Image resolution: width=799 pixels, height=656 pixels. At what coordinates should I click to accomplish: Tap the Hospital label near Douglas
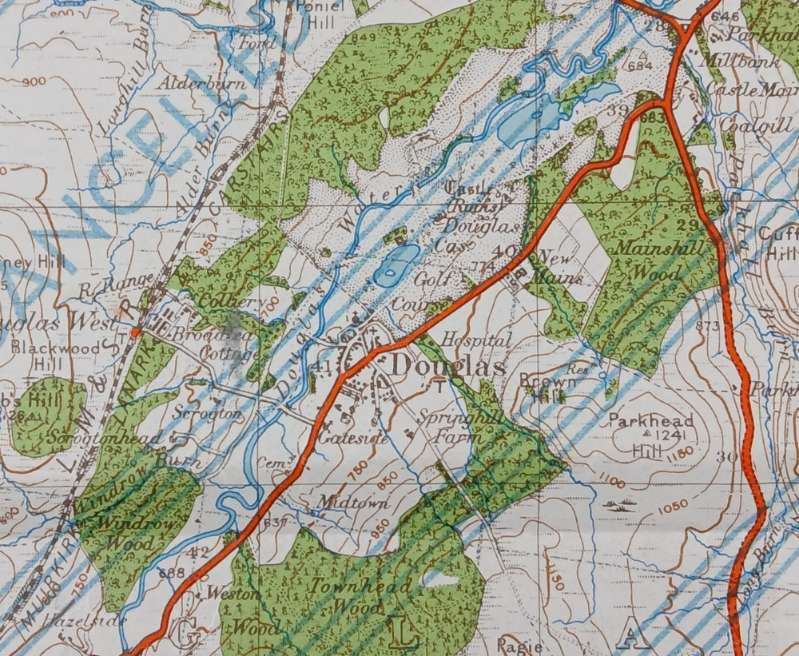[475, 340]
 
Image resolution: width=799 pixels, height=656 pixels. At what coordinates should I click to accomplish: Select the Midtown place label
[342, 503]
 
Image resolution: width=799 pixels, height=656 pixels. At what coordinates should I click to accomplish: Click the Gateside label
[342, 439]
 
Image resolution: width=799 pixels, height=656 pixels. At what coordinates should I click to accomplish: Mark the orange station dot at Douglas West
[136, 332]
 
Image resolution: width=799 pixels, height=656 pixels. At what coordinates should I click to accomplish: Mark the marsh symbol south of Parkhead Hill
[622, 505]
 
